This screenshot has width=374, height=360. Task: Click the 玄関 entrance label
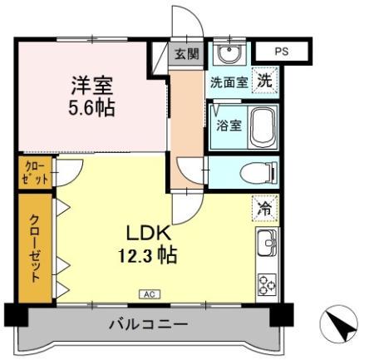[187, 55]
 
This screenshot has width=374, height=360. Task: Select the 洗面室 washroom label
[228, 82]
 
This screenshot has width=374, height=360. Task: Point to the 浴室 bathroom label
[229, 126]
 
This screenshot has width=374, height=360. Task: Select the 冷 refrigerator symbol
[264, 209]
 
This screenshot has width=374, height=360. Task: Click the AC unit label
[150, 294]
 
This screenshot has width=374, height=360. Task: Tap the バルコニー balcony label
[148, 325]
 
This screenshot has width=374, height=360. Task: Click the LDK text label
[149, 233]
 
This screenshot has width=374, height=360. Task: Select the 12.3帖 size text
[150, 256]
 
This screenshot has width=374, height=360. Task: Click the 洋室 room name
[91, 85]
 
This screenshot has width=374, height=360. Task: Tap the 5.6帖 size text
[91, 108]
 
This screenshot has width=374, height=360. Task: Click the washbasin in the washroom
[227, 55]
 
